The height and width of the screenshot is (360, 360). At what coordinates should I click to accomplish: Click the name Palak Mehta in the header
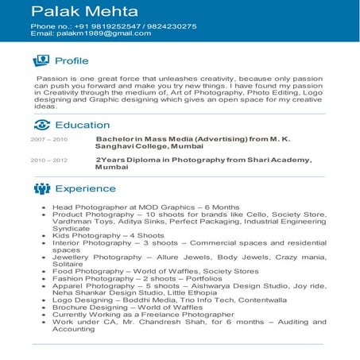[x=84, y=11]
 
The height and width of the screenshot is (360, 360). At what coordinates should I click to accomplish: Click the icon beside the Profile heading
[x=41, y=61]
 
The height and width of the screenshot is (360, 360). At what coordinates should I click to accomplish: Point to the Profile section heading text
[x=72, y=61]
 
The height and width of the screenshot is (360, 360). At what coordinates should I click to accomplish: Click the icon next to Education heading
[x=41, y=125]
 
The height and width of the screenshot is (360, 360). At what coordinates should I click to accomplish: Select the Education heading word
[x=83, y=125]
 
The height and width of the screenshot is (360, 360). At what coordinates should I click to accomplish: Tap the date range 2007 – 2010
[x=48, y=139]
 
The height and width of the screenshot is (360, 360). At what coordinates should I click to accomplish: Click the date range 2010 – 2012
[x=48, y=161]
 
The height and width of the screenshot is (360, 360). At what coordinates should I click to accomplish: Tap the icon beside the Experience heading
[x=41, y=188]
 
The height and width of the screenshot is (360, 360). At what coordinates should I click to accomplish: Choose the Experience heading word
[x=85, y=188]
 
